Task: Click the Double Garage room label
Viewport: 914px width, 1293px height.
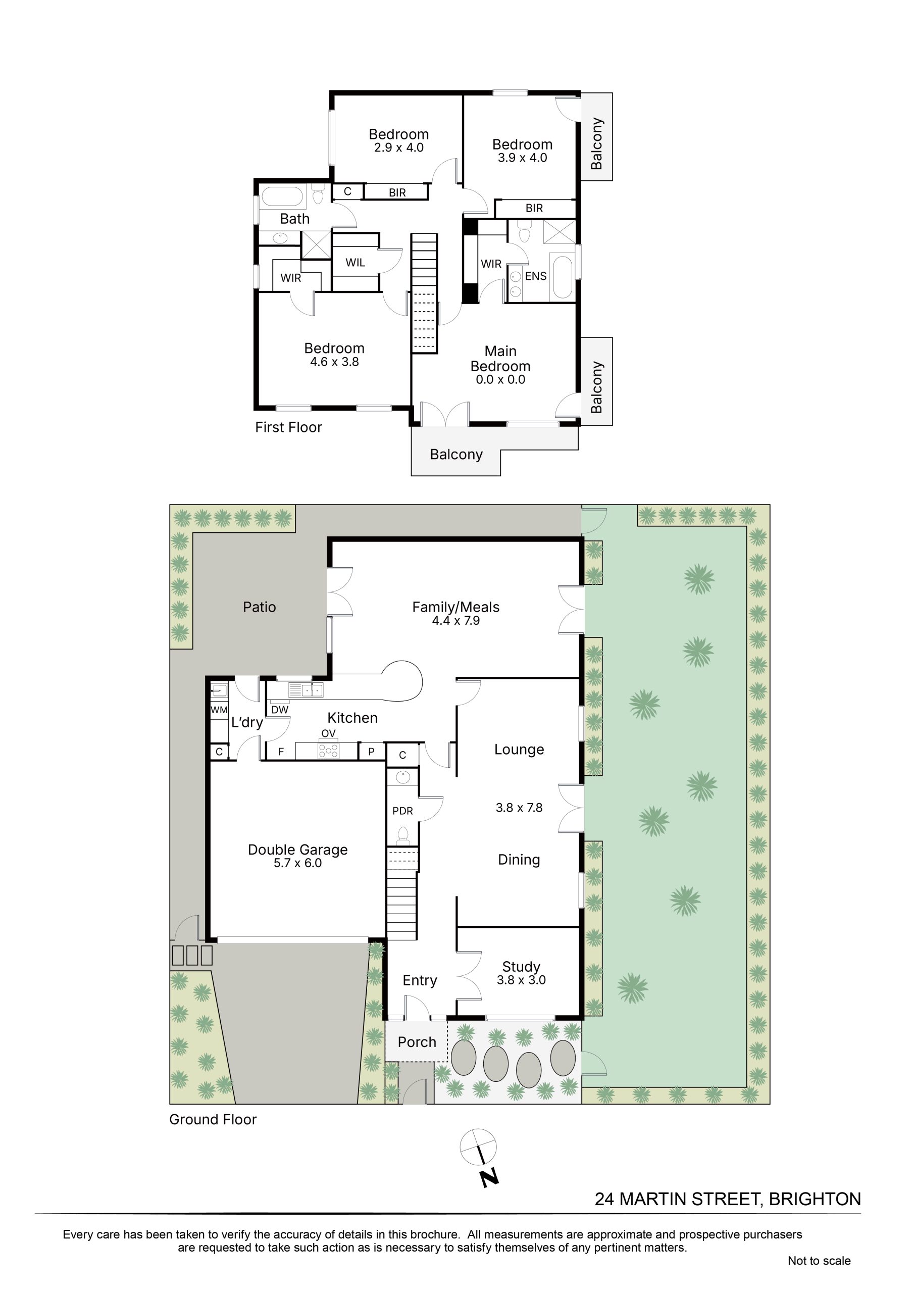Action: tap(297, 850)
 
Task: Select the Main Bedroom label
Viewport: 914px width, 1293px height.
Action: tap(500, 359)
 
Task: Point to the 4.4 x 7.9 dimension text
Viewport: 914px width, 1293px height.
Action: tap(455, 621)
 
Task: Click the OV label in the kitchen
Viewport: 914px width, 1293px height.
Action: tap(328, 733)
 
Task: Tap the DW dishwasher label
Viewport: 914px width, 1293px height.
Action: tap(280, 710)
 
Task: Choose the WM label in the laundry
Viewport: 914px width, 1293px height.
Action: tap(219, 710)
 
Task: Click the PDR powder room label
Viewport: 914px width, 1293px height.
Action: tap(402, 811)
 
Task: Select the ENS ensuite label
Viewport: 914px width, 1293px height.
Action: tap(536, 276)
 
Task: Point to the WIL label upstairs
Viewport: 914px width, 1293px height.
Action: tap(356, 263)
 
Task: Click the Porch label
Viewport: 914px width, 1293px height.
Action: tap(417, 1042)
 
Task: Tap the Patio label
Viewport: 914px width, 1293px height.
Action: tap(260, 607)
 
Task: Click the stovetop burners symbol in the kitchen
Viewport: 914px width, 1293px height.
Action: tap(329, 750)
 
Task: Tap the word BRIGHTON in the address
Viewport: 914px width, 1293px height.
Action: tap(815, 1200)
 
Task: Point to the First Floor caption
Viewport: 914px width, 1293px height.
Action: tap(288, 427)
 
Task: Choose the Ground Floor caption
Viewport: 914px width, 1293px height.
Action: tap(213, 1120)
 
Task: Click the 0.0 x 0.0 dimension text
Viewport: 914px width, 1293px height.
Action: tap(500, 379)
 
